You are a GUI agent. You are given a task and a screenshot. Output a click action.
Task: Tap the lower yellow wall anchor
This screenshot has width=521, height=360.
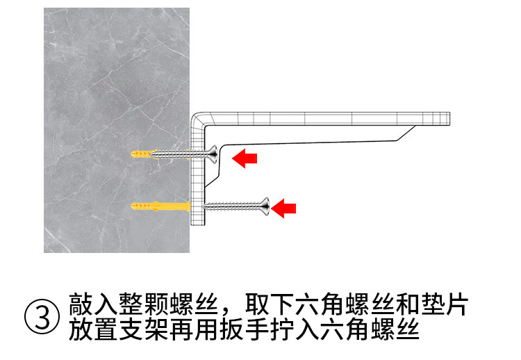click(x=159, y=206)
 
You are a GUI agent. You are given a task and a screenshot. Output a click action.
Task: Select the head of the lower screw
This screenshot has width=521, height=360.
click(x=264, y=205)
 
